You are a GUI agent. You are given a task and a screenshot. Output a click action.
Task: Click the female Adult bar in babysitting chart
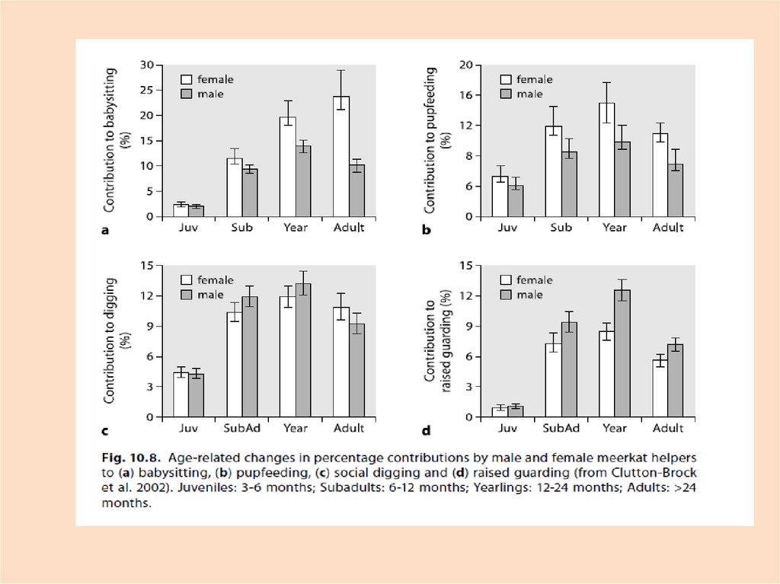(340, 156)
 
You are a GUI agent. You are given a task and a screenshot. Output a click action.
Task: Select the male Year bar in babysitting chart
(303, 180)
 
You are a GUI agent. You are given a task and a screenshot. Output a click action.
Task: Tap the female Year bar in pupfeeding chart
(606, 159)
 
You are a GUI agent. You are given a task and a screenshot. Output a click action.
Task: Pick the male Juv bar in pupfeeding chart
(516, 200)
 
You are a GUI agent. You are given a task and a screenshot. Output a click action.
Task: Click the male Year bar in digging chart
(303, 350)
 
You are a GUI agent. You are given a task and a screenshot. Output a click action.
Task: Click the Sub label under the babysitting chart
(241, 228)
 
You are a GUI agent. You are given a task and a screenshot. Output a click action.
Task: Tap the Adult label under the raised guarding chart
(667, 429)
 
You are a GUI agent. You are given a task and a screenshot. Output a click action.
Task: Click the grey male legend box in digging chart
(187, 295)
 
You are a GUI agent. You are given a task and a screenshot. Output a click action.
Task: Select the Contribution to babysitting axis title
(116, 140)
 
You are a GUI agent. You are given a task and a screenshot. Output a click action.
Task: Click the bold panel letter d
(427, 431)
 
